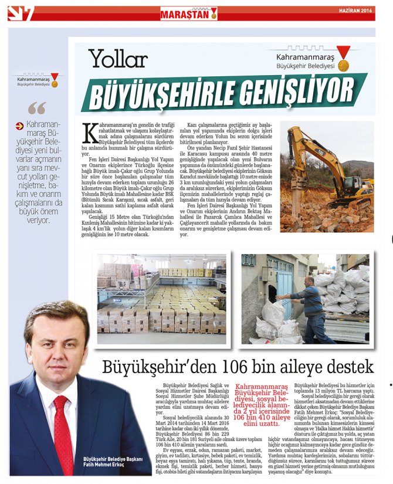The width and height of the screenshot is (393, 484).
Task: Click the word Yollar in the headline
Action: pos(118,58)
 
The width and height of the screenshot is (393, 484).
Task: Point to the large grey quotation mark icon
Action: pos(36,109)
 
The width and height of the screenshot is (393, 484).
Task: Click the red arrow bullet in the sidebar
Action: pos(19,125)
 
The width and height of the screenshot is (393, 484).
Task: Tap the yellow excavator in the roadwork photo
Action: pos(328,170)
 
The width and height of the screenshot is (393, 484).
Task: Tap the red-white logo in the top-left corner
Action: pos(21,13)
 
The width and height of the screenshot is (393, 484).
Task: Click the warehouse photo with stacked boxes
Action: pos(161,299)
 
